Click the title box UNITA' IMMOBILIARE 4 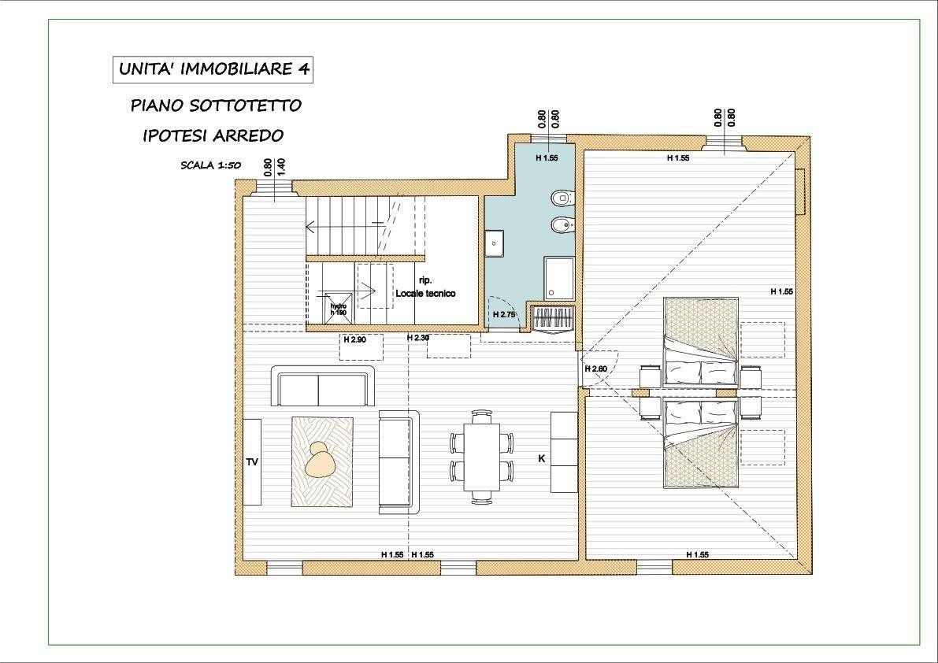coord(213,69)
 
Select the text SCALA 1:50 coord(210,165)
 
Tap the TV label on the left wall coord(252,461)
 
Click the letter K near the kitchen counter coord(542,458)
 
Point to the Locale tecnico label coord(425,294)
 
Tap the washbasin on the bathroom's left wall coord(494,243)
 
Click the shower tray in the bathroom coord(559,279)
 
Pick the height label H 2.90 coord(354,339)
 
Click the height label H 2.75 coord(504,314)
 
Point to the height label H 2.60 coord(596,369)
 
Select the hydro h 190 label coord(339,309)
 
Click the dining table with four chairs coord(481,457)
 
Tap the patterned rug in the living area coord(322,461)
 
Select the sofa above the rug coord(323,386)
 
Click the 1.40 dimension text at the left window coord(282,166)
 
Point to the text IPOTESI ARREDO coord(213,135)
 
